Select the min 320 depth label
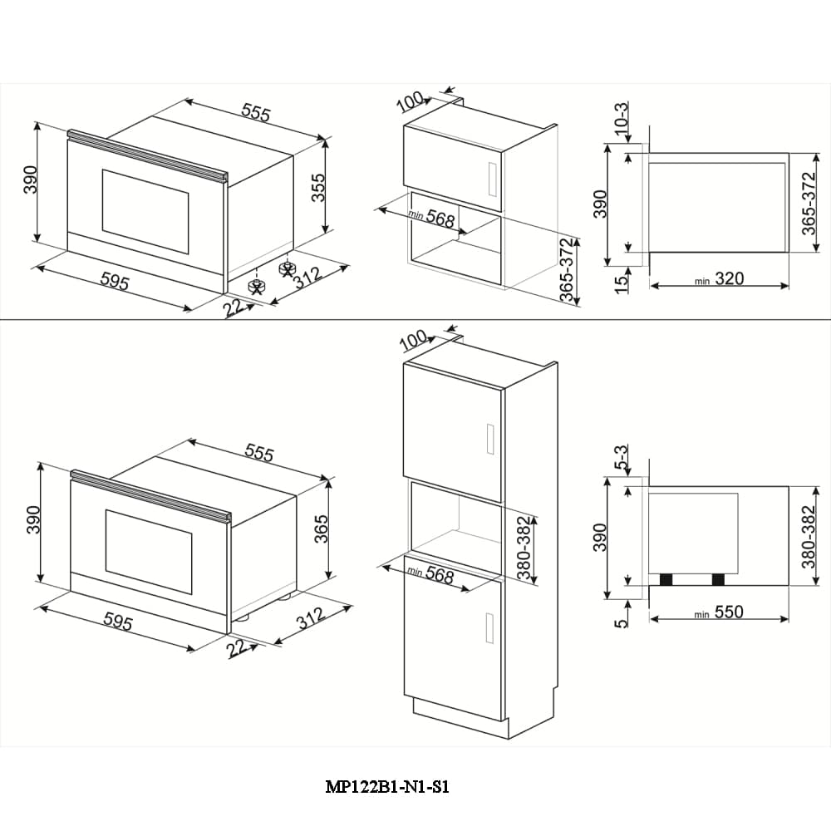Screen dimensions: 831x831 719,280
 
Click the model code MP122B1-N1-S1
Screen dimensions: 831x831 387,787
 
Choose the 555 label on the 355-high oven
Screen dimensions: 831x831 255,112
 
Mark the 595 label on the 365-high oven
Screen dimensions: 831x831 116,622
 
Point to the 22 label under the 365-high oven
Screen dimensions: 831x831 239,647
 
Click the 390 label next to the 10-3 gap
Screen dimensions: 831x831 600,204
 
